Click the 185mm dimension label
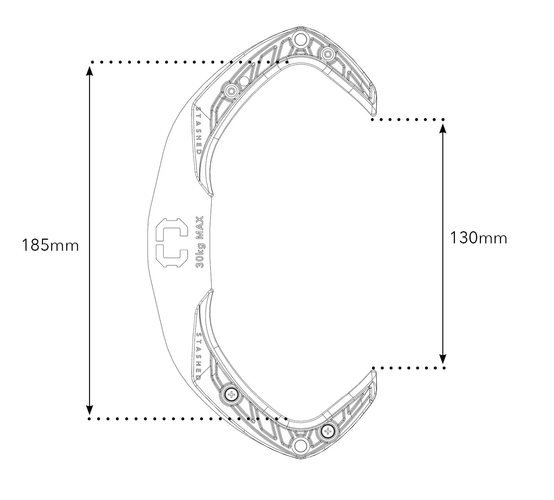click(50, 245)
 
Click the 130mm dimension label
click(478, 238)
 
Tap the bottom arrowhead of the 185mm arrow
click(89, 410)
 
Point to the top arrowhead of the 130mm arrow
click(443, 127)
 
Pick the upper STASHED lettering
click(198, 131)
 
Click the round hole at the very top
click(300, 38)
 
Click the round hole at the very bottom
click(300, 446)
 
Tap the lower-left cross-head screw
click(231, 395)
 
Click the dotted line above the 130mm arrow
click(408, 119)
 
